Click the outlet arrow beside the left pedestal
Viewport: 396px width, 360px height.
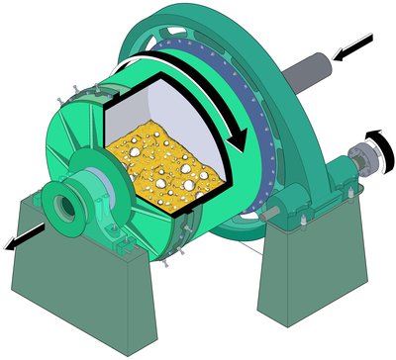pyautogui.click(x=25, y=239)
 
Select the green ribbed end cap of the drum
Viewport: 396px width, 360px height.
pyautogui.click(x=79, y=148)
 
